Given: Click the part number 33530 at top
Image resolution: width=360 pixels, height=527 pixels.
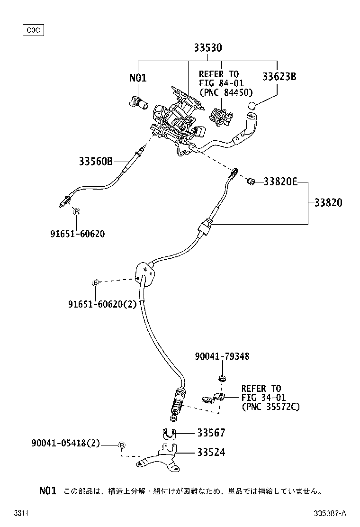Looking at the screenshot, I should [x=207, y=48].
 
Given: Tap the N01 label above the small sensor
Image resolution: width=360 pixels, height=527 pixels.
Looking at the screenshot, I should [x=138, y=77].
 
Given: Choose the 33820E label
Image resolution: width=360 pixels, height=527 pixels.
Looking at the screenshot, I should [x=280, y=181].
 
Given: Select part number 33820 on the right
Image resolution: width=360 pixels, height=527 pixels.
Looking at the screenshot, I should [x=328, y=203].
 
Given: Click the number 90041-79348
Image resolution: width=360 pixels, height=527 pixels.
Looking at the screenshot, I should [x=222, y=356].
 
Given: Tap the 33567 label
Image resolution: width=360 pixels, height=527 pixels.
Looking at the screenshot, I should [x=211, y=433].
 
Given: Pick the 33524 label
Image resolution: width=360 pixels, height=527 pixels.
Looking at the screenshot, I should [x=211, y=453].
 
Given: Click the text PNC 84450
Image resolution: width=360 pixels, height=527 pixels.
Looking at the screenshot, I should [x=226, y=92].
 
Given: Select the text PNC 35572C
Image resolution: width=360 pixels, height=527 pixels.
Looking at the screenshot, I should [x=270, y=406].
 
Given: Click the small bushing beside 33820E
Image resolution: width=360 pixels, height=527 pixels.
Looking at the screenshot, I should [x=252, y=181].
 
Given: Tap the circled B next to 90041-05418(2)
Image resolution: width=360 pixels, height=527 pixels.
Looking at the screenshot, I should [x=122, y=445].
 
